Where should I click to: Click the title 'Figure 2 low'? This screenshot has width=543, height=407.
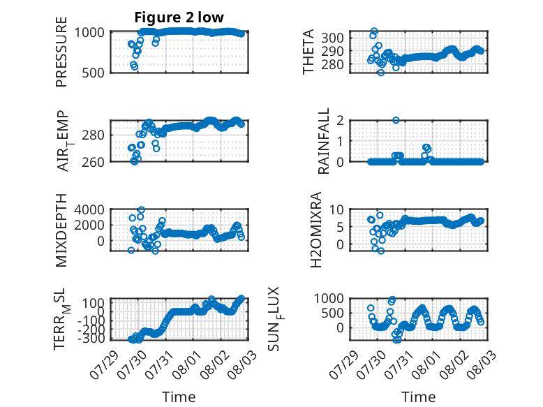(179, 17)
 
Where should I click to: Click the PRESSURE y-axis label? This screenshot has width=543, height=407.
(61, 52)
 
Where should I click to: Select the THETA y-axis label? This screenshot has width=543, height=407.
(308, 52)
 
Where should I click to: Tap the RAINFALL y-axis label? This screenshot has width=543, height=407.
(323, 141)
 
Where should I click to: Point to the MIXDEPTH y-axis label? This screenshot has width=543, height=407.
(61, 230)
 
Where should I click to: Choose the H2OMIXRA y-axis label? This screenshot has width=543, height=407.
(316, 230)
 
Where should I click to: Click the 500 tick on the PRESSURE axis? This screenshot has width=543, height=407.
(93, 73)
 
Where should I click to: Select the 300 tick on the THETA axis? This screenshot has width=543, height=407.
(332, 38)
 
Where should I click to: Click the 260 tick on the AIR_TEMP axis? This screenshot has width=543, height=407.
(93, 162)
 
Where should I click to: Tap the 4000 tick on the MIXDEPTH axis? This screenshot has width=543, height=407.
(89, 209)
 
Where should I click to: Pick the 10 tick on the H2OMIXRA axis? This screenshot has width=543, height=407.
(336, 209)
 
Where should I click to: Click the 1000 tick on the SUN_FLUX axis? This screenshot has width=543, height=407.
(329, 298)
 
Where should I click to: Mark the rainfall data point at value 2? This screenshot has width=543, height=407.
(396, 120)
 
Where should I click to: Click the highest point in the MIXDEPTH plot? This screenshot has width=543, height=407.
(141, 209)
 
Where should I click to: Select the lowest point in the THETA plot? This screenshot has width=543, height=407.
(381, 73)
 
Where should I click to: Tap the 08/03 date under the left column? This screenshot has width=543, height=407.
(241, 364)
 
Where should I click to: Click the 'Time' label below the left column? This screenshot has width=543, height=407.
(179, 397)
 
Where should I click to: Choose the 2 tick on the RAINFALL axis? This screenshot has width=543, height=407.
(340, 121)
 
